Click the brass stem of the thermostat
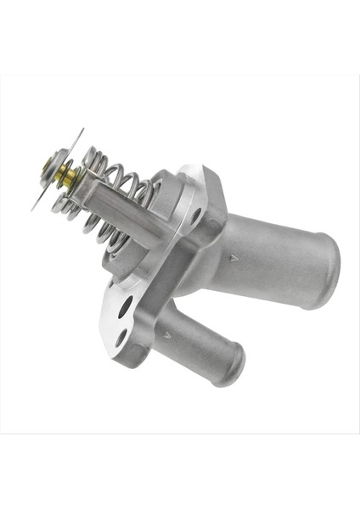click(x=68, y=176)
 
